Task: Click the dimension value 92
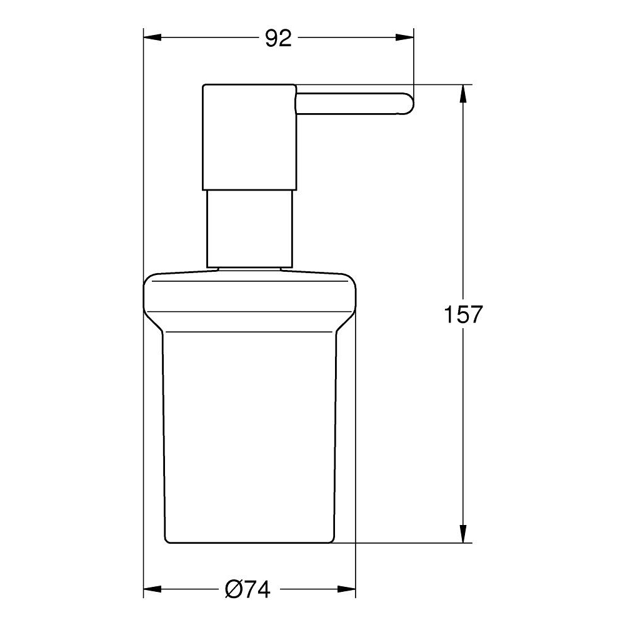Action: click(278, 39)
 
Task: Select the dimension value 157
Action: click(463, 314)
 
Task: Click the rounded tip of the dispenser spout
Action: click(407, 104)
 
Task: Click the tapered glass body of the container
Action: click(250, 437)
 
